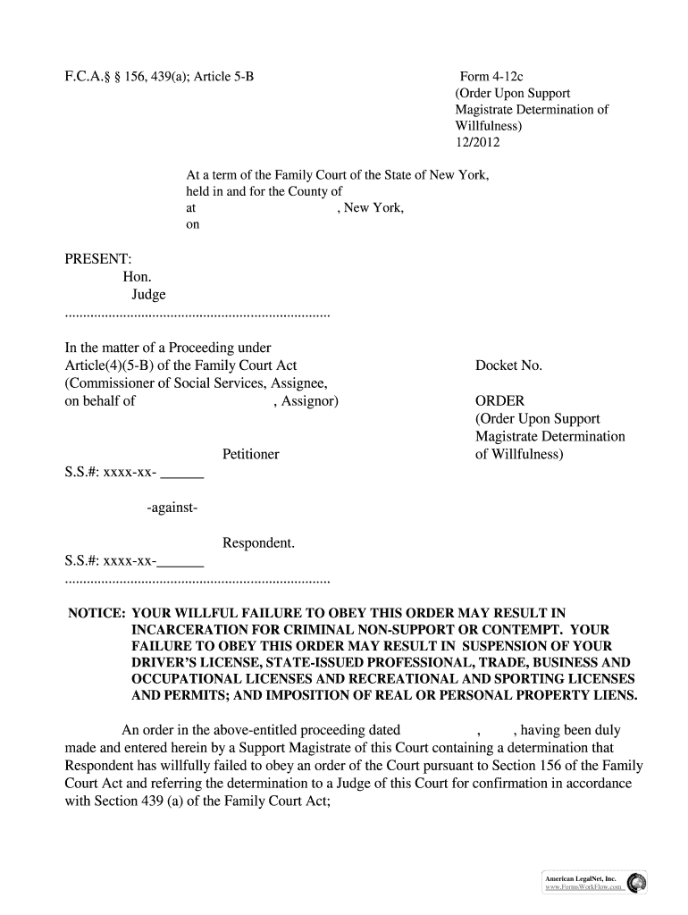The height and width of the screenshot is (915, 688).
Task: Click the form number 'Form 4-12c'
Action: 491,77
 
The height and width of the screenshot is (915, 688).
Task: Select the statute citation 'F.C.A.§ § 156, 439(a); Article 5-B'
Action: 160,77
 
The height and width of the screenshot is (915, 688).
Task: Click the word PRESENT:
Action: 98,258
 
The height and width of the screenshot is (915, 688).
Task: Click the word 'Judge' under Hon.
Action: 148,295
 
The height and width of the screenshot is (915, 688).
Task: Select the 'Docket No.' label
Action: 508,365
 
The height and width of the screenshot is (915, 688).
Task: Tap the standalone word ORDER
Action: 499,401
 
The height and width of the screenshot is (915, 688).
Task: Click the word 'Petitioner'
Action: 250,454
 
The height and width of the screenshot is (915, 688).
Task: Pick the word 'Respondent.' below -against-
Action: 258,542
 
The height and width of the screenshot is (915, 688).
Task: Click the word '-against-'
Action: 172,508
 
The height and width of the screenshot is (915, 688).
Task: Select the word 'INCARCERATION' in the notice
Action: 183,629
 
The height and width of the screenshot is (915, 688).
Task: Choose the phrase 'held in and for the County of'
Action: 264,191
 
